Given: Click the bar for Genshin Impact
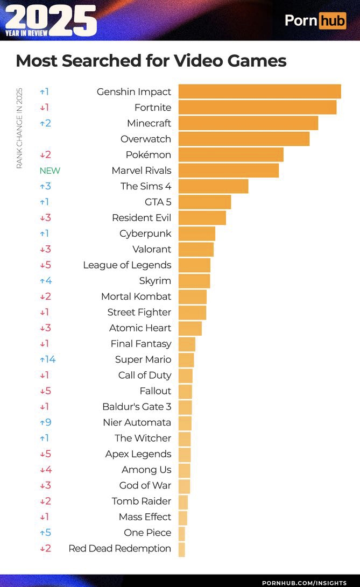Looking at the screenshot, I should tap(259, 91).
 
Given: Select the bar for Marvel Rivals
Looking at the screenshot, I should tap(229, 171).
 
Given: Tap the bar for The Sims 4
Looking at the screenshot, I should tap(213, 186).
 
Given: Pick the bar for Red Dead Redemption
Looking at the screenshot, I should tap(181, 549).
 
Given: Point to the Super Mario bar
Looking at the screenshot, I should tap(186, 359).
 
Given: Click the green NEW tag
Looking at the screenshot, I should tap(50, 171).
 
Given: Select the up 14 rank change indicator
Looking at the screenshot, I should tap(47, 359).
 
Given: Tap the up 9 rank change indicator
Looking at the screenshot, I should tap(45, 422).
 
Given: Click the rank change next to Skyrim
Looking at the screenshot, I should tap(45, 281).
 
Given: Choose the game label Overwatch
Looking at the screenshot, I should tap(145, 139).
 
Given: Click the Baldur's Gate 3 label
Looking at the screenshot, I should tap(137, 407).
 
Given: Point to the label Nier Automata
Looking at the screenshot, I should tap(137, 422).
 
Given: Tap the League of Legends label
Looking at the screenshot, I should tap(127, 265).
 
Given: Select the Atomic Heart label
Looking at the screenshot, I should tap(140, 328).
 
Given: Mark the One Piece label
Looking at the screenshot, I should tap(147, 533).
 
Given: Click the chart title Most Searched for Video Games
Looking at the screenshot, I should tap(151, 60).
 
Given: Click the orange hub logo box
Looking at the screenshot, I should tap(332, 20).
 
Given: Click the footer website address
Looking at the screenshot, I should tap(304, 583).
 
